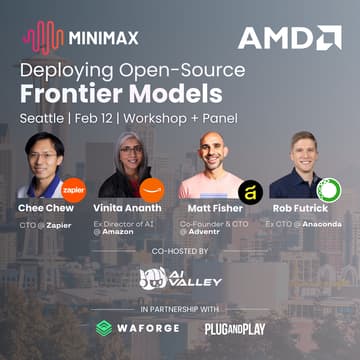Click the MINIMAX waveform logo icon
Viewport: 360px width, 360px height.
click(41, 39)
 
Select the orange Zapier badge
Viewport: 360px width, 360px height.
click(73, 189)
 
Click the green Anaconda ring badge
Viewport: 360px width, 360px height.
click(328, 189)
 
